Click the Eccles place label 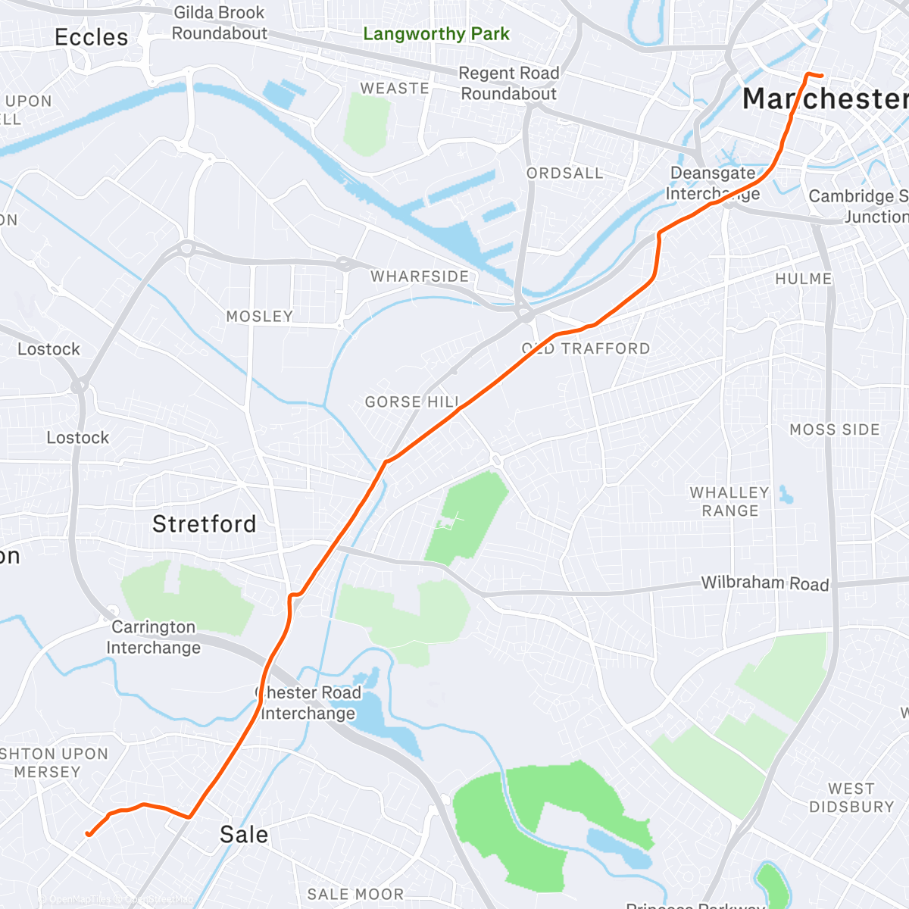click(92, 37)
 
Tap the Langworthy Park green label click(436, 34)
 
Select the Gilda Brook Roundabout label click(219, 23)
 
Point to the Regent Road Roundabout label click(509, 83)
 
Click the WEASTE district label click(395, 89)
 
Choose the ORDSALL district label click(565, 173)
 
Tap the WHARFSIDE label click(420, 276)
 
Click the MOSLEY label click(260, 317)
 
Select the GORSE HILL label click(412, 402)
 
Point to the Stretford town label click(205, 524)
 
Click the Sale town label click(244, 835)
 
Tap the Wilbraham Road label click(765, 583)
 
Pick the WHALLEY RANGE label click(729, 501)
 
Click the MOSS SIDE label click(835, 430)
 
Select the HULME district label click(804, 279)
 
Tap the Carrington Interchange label click(154, 637)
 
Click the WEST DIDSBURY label click(851, 798)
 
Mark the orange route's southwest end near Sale click(88, 834)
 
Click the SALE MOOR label click(355, 895)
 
